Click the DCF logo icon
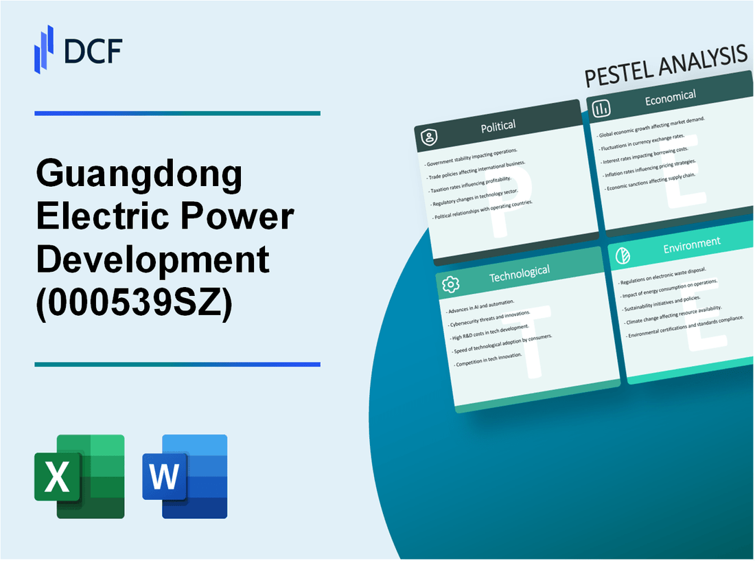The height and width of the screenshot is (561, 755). (44, 49)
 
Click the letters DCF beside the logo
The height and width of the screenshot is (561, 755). (93, 51)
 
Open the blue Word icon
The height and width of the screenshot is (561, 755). (185, 476)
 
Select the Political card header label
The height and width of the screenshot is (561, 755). (499, 126)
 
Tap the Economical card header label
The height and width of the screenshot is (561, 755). (670, 98)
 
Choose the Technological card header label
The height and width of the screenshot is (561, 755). (519, 273)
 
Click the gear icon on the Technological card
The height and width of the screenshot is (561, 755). (451, 284)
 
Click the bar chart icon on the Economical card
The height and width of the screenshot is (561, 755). (602, 109)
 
